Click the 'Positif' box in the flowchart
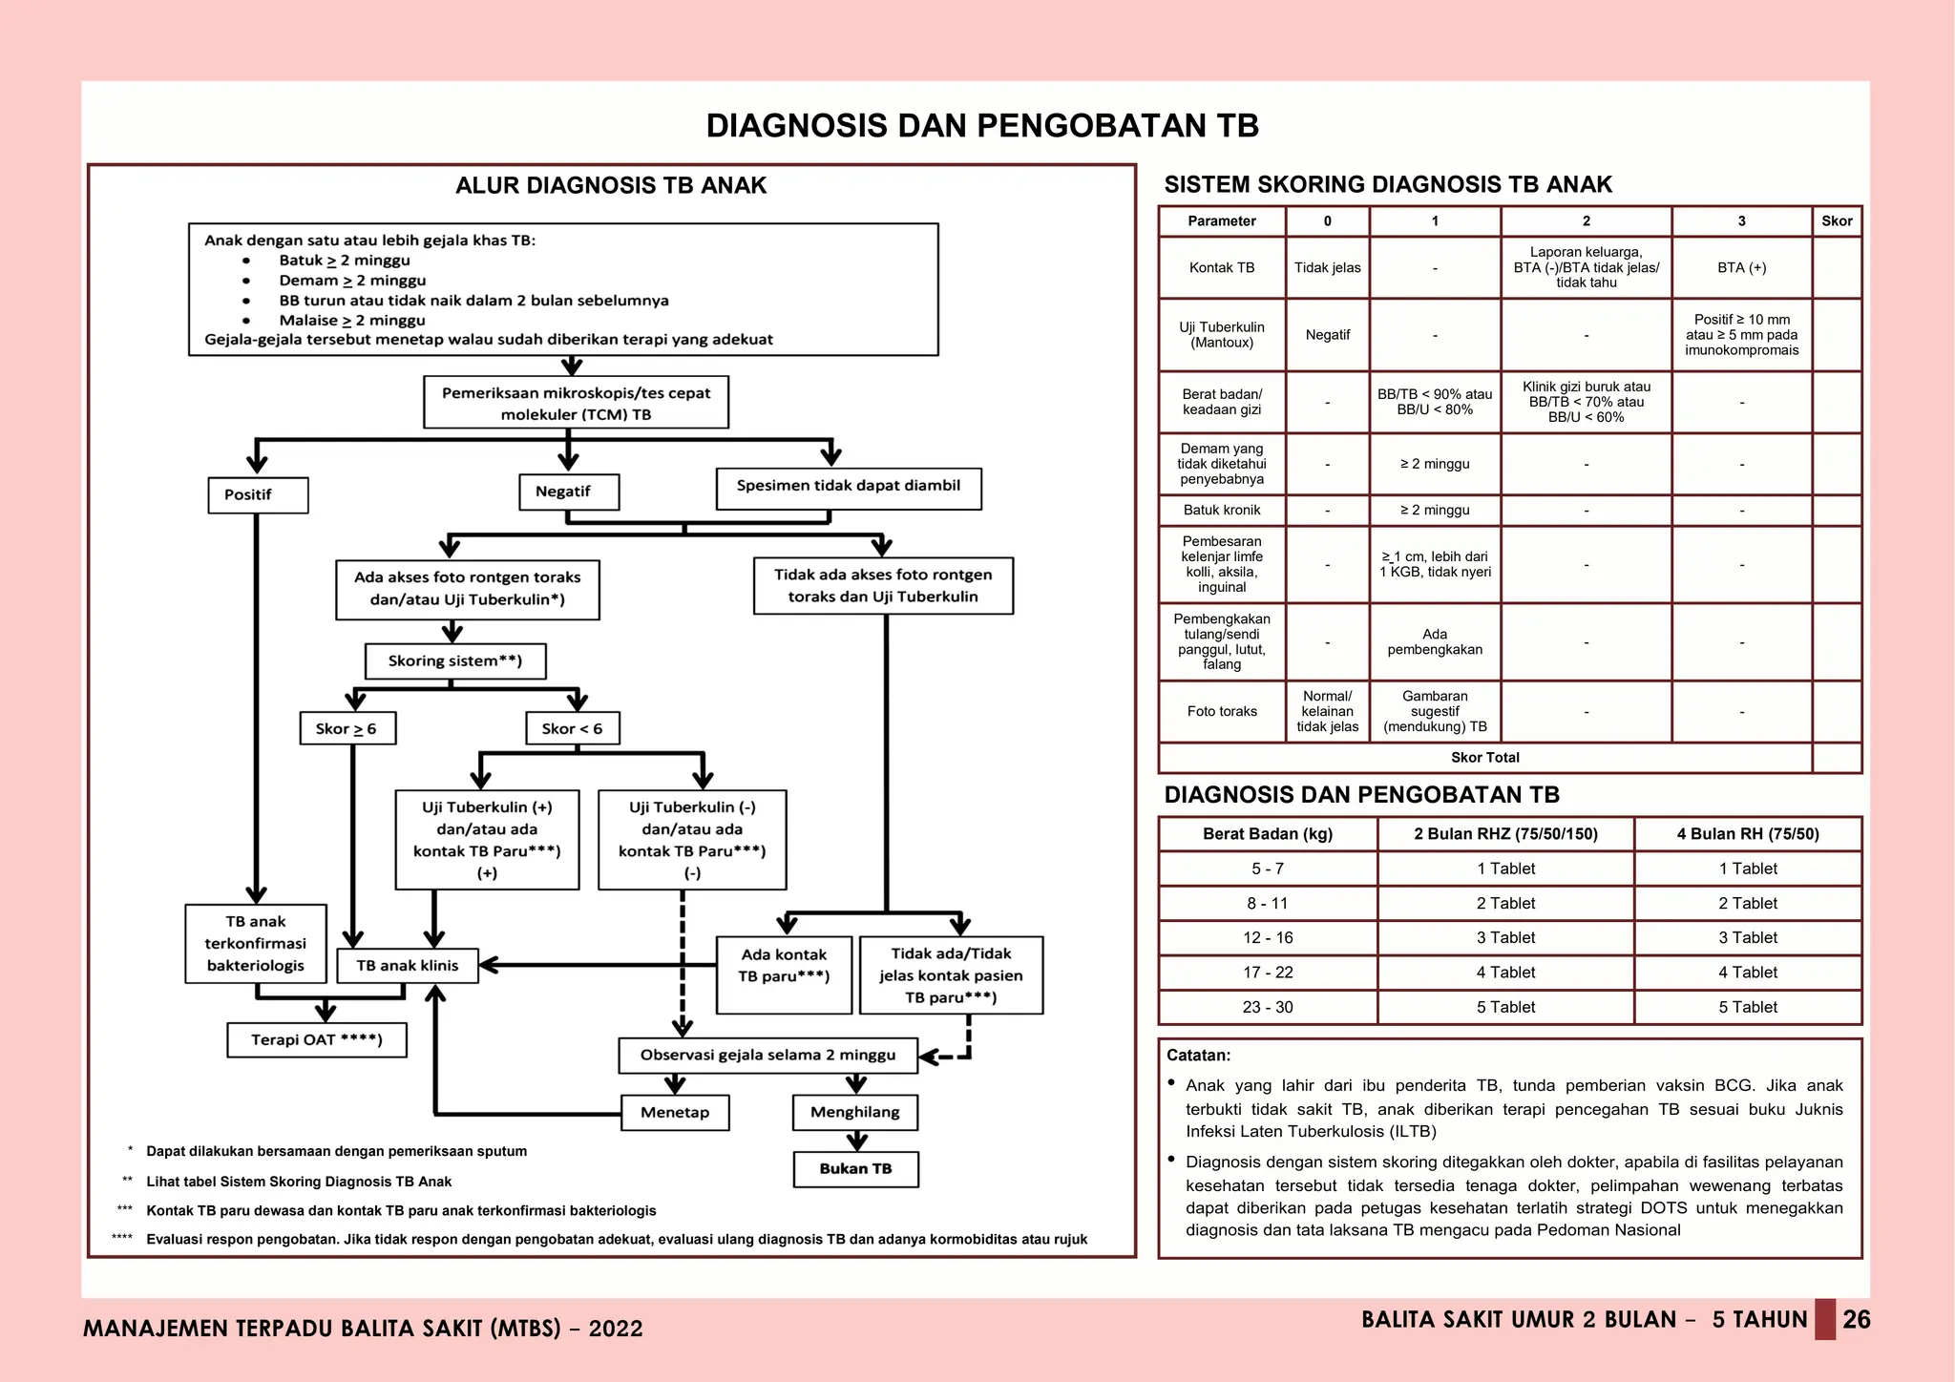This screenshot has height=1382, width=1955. click(x=258, y=495)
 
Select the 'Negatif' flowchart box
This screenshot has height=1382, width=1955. click(x=569, y=492)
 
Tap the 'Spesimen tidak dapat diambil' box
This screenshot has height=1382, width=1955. click(x=848, y=488)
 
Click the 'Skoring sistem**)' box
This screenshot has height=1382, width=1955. click(x=455, y=660)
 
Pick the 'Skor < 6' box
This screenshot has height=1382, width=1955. click(x=572, y=728)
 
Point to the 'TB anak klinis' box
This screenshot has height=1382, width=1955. click(x=408, y=966)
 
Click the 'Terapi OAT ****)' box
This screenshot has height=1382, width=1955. click(x=317, y=1039)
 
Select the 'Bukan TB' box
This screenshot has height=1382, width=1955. click(x=855, y=1169)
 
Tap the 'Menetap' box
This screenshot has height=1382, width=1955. click(x=675, y=1113)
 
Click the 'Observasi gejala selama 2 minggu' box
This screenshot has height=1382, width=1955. click(x=767, y=1056)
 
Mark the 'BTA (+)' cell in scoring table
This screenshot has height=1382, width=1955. click(x=1741, y=268)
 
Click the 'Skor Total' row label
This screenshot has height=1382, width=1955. click(x=1484, y=758)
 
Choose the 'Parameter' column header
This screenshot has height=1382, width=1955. click(x=1222, y=221)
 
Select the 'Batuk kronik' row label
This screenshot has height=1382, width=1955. click(x=1222, y=511)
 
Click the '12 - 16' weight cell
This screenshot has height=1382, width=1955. click(x=1268, y=938)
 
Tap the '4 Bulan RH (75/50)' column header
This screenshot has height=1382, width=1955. click(x=1747, y=834)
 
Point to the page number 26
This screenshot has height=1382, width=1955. click(x=1856, y=1320)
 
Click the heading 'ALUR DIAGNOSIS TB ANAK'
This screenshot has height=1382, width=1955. click(x=611, y=186)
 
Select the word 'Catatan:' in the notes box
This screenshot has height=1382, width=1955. click(x=1198, y=1056)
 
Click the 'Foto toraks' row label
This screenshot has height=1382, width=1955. click(x=1222, y=712)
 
